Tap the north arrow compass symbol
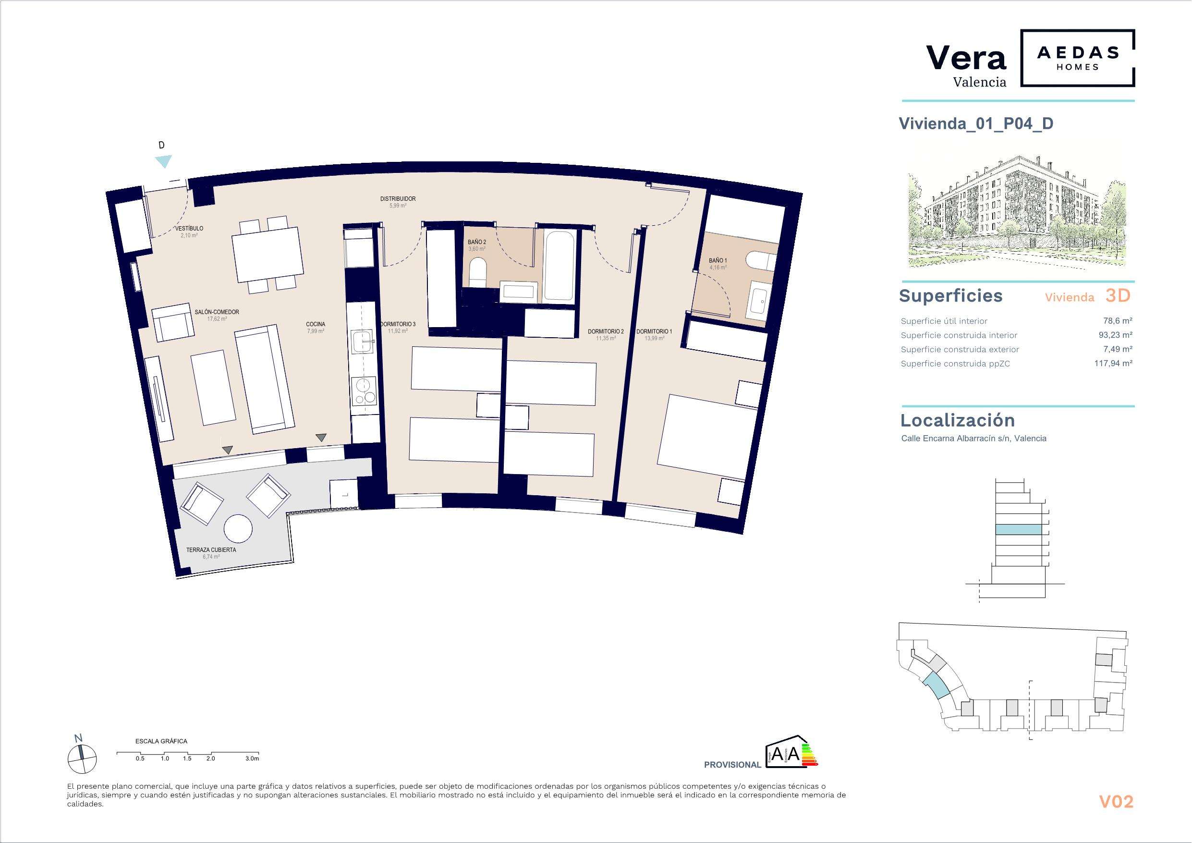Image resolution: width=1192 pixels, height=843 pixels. (82, 758)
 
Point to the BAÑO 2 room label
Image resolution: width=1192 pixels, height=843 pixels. (476, 242)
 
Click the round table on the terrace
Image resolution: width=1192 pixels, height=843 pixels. (238, 529)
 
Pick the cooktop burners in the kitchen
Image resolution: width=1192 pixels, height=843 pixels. (364, 390)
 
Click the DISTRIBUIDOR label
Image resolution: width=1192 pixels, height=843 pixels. (398, 199)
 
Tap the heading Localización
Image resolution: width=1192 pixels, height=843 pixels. (957, 420)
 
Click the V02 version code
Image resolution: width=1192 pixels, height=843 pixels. (1116, 802)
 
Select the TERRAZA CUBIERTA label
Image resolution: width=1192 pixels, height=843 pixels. (211, 550)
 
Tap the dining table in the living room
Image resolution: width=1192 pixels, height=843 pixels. (268, 256)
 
